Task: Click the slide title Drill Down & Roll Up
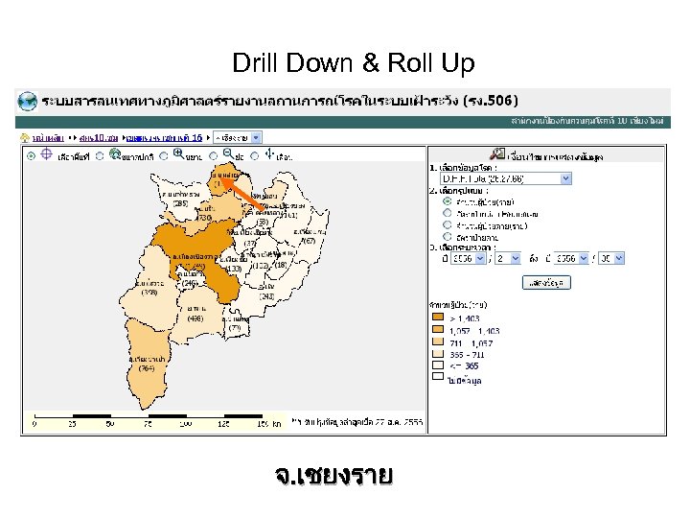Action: [x=353, y=64]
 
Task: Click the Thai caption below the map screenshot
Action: [x=333, y=476]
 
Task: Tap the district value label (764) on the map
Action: [x=147, y=367]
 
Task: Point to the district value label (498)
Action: [x=195, y=318]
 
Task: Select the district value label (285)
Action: [x=179, y=203]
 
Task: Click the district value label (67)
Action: [x=308, y=241]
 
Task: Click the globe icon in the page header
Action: [x=27, y=101]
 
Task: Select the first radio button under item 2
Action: [x=447, y=201]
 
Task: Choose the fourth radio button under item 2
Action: [x=447, y=236]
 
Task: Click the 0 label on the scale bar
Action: [x=34, y=423]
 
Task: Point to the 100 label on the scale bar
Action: [x=183, y=423]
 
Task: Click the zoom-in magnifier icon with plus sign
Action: [x=177, y=153]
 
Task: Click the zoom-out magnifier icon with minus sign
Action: [x=227, y=153]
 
